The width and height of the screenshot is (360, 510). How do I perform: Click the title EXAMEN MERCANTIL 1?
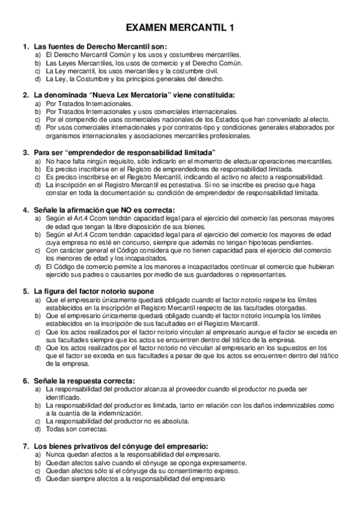point(180,28)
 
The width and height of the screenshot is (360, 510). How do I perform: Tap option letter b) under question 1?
point(38,63)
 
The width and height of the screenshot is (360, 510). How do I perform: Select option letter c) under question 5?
point(38,331)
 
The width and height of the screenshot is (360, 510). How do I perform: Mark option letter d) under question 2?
point(38,127)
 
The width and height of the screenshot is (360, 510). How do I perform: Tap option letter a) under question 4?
point(38,218)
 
